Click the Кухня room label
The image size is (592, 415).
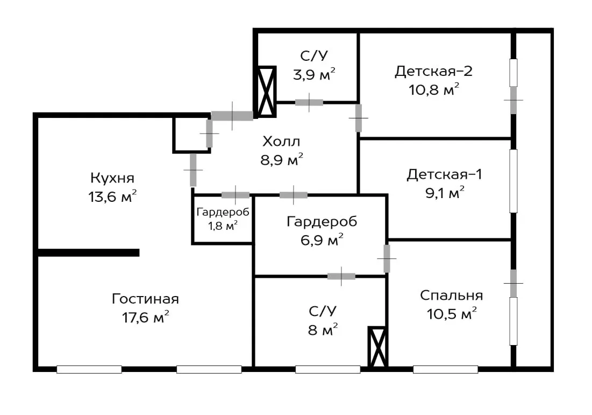[x=112, y=178]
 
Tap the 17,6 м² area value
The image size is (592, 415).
[x=145, y=317]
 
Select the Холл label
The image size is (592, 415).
[x=281, y=142]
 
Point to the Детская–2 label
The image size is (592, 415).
[x=433, y=72]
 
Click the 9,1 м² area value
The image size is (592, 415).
[x=445, y=193]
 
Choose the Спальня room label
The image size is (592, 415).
[x=451, y=295]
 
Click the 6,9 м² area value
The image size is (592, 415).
[x=322, y=240]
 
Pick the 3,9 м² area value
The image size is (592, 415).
[x=314, y=74]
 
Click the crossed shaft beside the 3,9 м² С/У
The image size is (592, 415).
[x=267, y=92]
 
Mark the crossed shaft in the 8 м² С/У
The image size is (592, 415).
[x=377, y=347]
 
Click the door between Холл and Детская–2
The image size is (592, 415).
[x=358, y=118]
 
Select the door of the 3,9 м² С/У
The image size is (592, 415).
[x=309, y=102]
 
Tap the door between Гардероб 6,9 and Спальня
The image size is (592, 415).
[x=387, y=259]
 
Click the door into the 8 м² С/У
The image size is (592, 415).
[x=341, y=276]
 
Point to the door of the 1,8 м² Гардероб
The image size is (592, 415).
[x=236, y=195]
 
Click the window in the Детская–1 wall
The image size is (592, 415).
[x=513, y=181]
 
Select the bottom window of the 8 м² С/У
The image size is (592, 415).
[x=327, y=369]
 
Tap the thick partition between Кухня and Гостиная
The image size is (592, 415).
[x=89, y=252]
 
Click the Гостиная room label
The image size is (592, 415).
[x=145, y=299]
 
